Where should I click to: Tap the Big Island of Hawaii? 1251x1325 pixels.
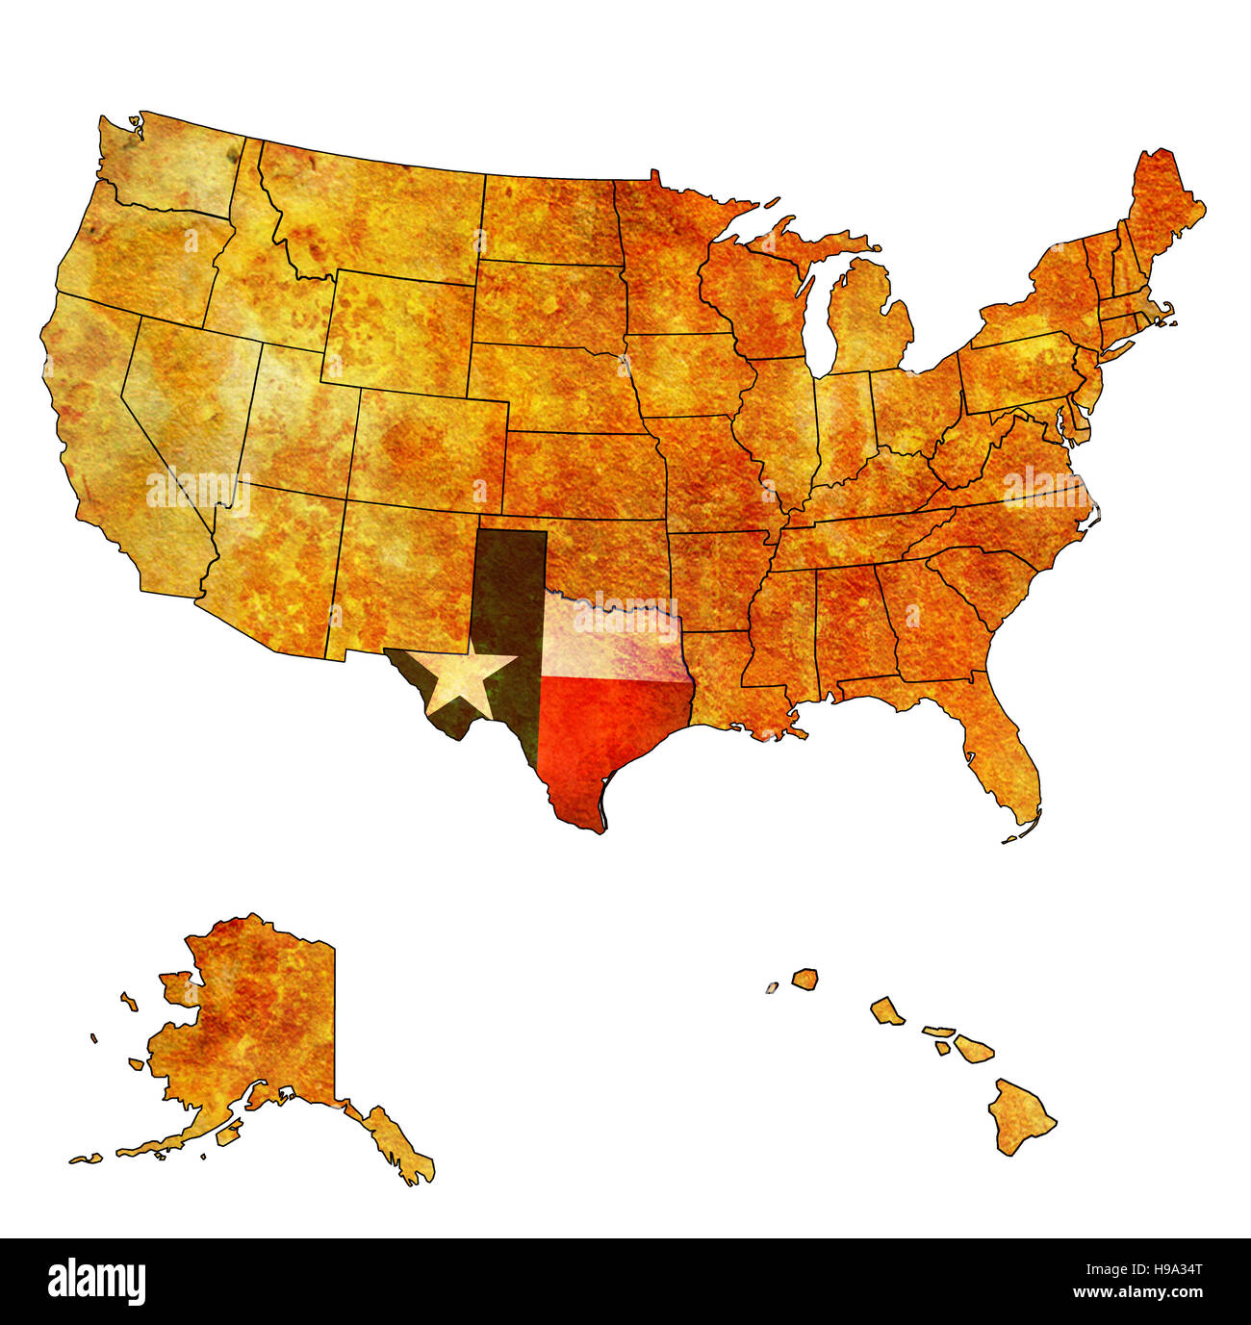pos(1020,1116)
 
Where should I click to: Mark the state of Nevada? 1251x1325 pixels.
pos(183,404)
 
